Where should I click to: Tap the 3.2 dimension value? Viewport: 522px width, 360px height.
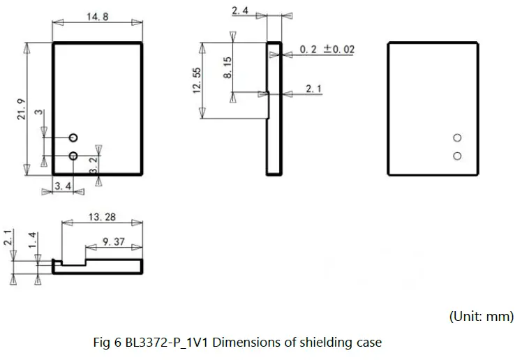tap(94, 165)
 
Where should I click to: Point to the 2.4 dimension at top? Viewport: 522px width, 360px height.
tap(241, 10)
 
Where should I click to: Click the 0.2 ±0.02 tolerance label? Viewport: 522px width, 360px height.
tap(327, 50)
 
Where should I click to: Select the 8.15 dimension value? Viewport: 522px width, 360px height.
tap(228, 67)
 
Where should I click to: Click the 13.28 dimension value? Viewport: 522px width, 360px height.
tap(103, 218)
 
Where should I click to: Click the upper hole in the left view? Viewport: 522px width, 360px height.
tap(73, 137)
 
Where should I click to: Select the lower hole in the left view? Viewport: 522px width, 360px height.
tap(73, 155)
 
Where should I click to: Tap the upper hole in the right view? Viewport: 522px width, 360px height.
tap(457, 137)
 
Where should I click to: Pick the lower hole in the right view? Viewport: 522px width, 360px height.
tap(457, 155)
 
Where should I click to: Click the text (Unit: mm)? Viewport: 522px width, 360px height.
tap(481, 316)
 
